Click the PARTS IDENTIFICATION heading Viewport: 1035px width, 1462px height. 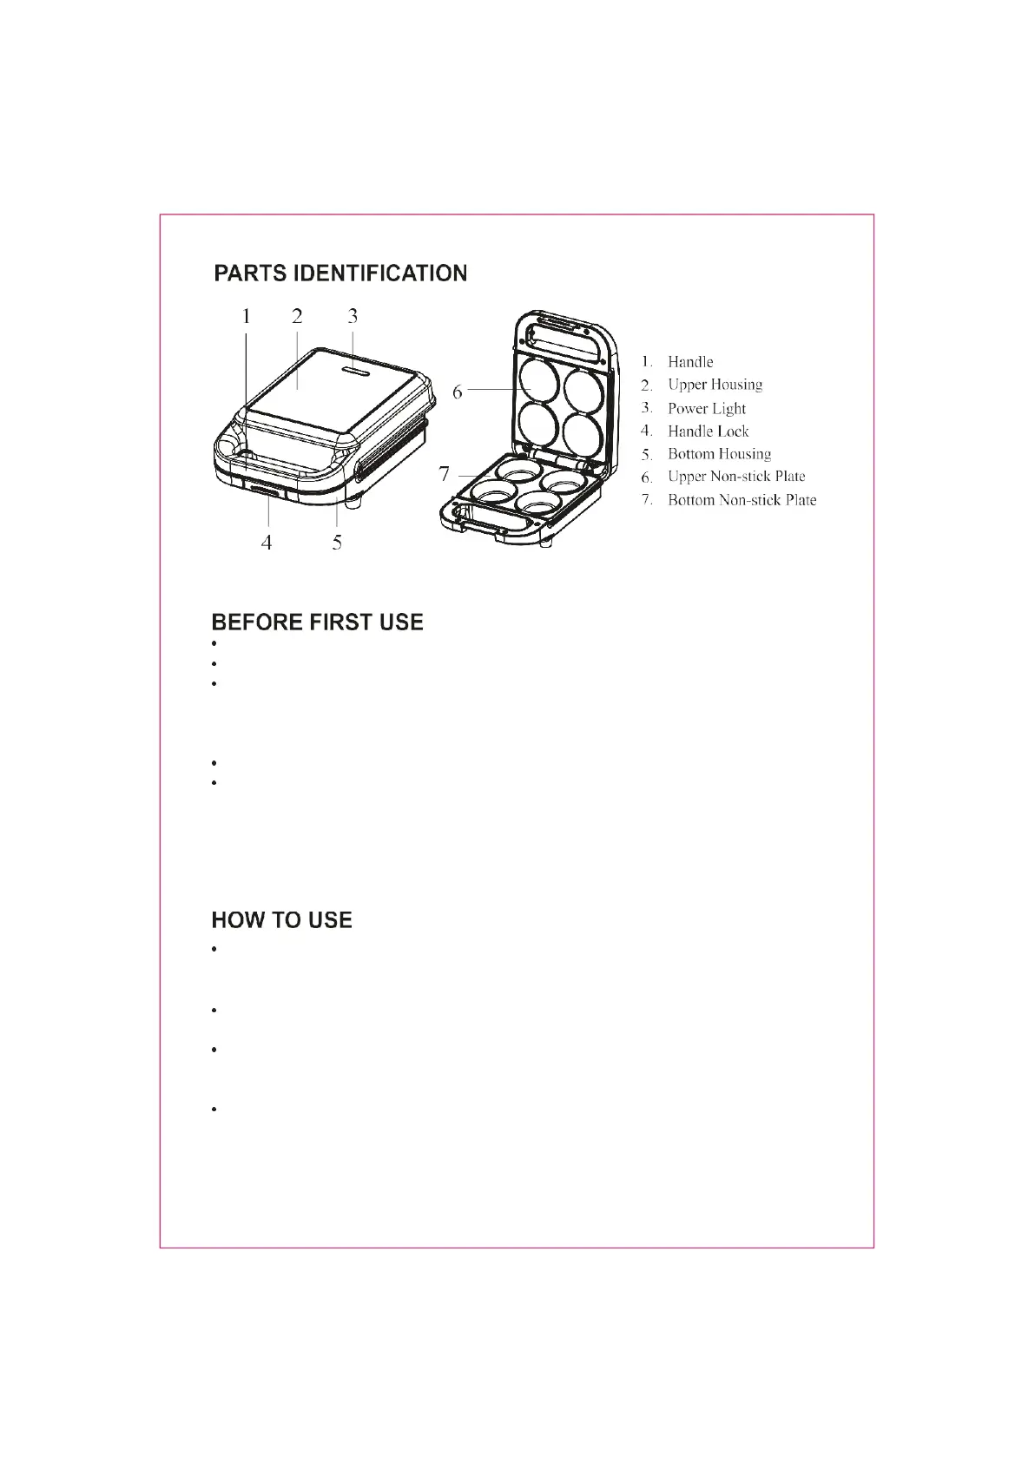tap(340, 273)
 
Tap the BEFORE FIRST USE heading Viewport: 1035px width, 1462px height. tap(318, 622)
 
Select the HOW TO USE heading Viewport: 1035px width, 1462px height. tap(282, 920)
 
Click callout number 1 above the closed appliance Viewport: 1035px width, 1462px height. tap(247, 317)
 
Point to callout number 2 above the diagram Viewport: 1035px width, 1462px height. tap(297, 317)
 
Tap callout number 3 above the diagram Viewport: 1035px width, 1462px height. tap(353, 317)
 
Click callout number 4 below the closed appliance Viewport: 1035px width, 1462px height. tap(267, 543)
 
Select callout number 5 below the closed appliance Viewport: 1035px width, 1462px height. tap(337, 543)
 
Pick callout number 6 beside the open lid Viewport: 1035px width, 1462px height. tap(458, 392)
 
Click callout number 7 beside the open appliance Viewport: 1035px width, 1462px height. tap(445, 474)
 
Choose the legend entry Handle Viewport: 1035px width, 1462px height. tap(690, 362)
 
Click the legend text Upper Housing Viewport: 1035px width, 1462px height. tap(715, 385)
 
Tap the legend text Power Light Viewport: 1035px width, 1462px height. tap(707, 408)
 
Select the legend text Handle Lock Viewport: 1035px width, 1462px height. tap(708, 431)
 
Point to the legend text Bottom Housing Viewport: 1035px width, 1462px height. tap(719, 454)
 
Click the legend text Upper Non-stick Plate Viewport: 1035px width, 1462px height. tap(736, 477)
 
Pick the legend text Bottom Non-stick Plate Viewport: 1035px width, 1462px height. tap(742, 500)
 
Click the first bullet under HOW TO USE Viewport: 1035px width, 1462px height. tap(214, 950)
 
